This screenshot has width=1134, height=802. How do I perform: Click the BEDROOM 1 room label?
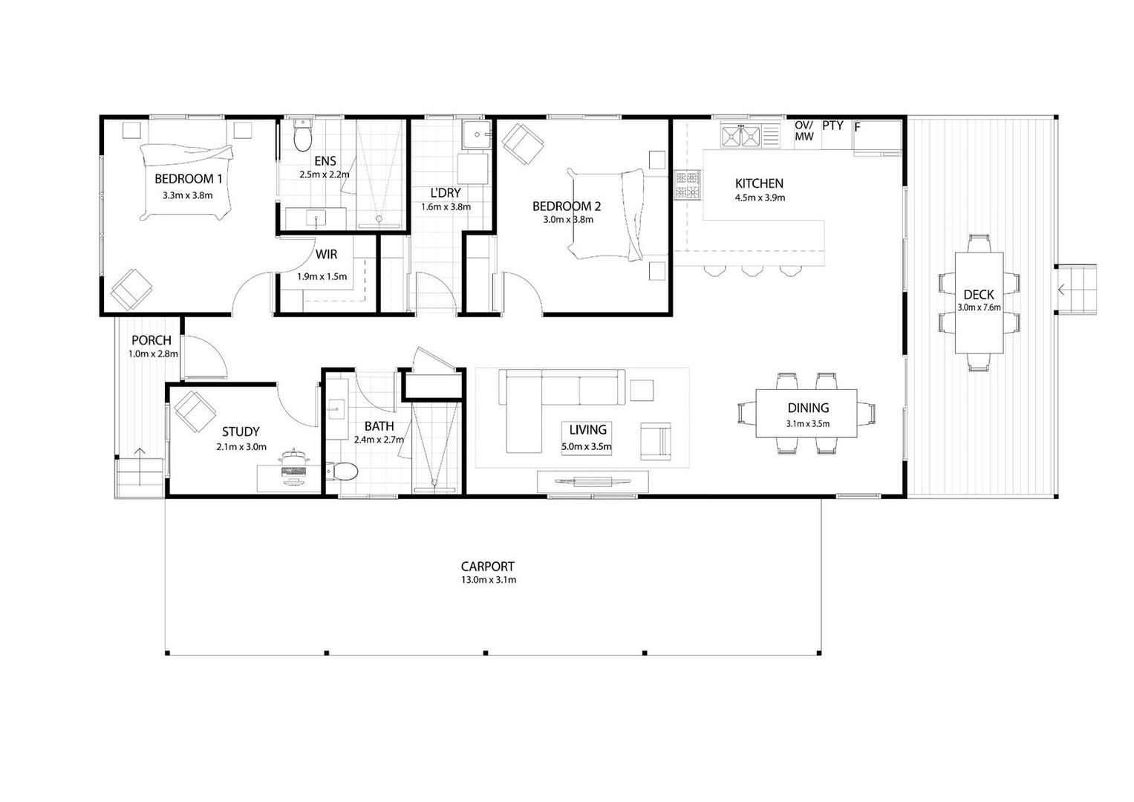[189, 179]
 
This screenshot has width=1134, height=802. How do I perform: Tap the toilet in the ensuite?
[303, 136]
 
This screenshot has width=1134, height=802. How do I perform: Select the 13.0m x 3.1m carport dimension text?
[489, 580]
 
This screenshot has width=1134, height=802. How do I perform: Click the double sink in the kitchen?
[740, 136]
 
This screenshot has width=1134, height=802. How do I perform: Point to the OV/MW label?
[804, 131]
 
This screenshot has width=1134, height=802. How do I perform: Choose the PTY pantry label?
[832, 125]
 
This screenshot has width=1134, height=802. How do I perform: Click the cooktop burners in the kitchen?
[688, 186]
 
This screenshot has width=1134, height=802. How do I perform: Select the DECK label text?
[979, 294]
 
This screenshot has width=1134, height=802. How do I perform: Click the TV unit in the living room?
[593, 481]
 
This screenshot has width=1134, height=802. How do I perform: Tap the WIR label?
[326, 254]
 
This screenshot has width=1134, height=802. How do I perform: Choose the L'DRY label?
[446, 193]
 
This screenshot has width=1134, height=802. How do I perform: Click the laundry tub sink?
[476, 134]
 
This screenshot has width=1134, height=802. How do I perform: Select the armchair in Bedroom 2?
[523, 144]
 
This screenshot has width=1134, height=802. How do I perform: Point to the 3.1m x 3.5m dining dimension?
[807, 424]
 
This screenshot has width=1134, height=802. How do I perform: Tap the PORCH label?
[151, 340]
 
